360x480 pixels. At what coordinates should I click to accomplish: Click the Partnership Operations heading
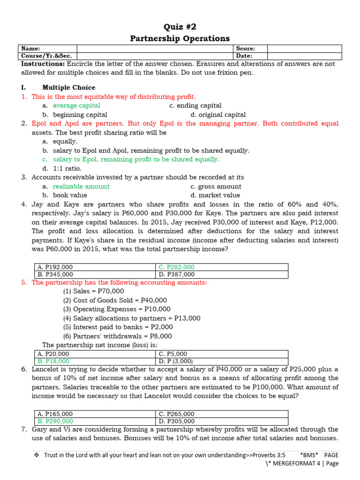coord(180,38)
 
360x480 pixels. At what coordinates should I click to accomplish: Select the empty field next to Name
coord(155,48)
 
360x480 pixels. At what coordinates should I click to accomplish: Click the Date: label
coord(245,56)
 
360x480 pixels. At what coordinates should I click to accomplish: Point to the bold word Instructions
coord(43,64)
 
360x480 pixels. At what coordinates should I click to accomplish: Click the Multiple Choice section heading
coord(68,88)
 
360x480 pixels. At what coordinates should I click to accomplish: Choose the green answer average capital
coord(76,106)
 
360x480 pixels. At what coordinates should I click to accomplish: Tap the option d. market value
coord(215,195)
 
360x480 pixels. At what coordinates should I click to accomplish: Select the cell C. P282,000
coord(177,267)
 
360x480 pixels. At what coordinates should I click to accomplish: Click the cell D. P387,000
coord(177,274)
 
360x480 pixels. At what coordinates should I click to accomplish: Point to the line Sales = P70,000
coord(94,292)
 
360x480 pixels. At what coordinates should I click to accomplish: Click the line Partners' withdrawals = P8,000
coord(118,336)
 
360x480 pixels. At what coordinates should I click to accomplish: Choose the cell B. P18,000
coord(53,361)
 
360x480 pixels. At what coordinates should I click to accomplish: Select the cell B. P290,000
coord(55,421)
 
